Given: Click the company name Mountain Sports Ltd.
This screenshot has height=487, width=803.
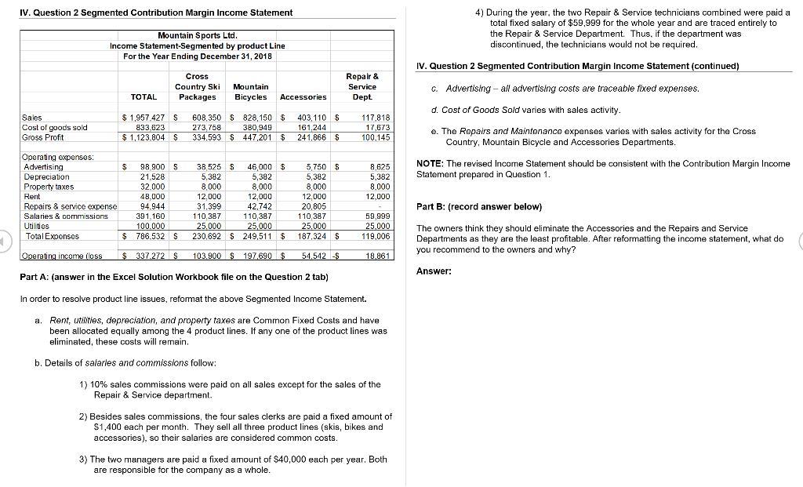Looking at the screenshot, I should (x=197, y=36).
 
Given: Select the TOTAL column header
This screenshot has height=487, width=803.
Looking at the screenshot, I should (x=144, y=97).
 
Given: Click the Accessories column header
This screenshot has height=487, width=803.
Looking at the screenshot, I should (x=303, y=97).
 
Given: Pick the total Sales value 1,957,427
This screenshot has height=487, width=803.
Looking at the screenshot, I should (x=144, y=118).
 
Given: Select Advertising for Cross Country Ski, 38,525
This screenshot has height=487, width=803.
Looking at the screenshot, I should (x=207, y=167).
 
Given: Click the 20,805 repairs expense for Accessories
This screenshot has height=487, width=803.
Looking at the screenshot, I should (x=313, y=205).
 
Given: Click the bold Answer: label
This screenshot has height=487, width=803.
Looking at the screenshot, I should (x=434, y=271).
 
